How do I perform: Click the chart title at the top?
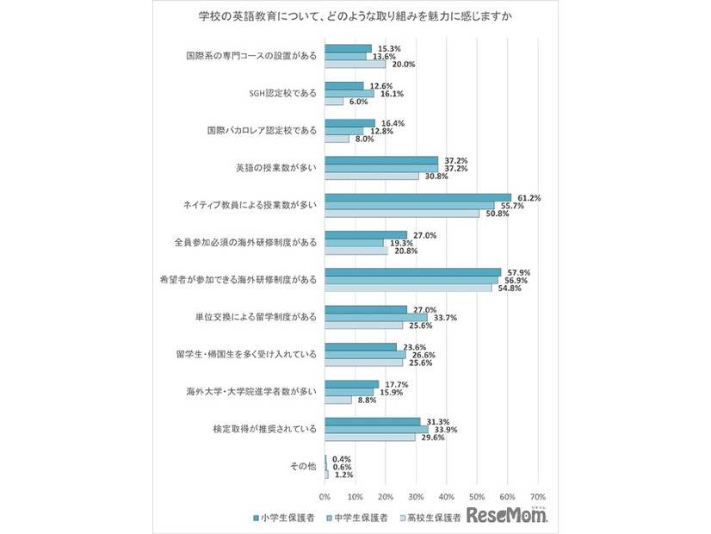(355, 17)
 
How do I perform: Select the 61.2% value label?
(528, 198)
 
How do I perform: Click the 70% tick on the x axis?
(537, 497)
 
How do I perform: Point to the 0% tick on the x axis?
(325, 497)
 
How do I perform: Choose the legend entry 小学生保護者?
(284, 518)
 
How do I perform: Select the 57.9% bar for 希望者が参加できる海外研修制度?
(412, 272)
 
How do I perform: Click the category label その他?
(304, 466)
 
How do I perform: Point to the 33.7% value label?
(444, 317)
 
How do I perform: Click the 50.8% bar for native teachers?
(401, 214)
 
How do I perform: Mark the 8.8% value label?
(365, 400)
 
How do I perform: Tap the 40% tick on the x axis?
(446, 497)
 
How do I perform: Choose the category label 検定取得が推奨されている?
(265, 429)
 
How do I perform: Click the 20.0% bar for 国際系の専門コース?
(355, 64)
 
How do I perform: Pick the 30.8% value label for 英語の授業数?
(432, 176)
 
